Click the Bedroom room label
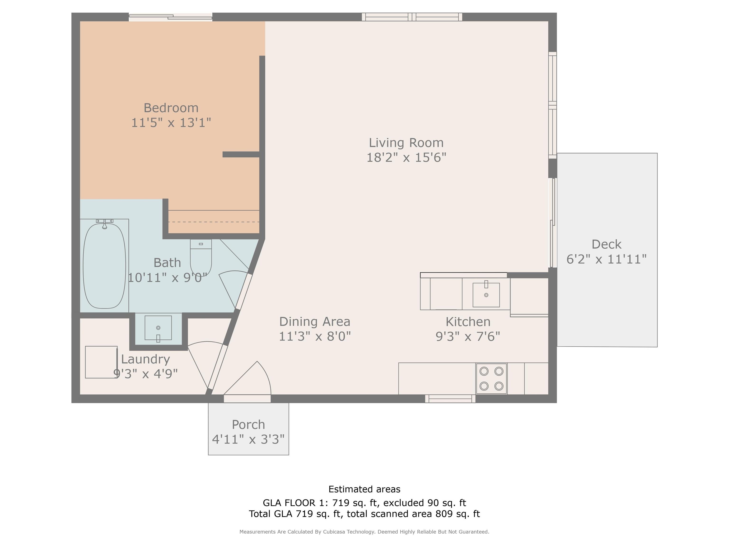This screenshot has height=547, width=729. coord(171,108)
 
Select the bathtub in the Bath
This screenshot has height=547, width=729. coord(104,266)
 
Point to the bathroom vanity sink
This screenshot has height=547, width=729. coord(158,328)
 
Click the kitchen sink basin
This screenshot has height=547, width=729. coord(486,295)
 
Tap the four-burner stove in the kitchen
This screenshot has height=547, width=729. coord(491,378)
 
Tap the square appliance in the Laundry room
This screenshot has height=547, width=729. coord(101,362)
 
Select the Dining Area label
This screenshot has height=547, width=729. coord(315,321)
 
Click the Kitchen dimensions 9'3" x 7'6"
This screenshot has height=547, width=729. coord(468,336)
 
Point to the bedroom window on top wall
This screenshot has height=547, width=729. coord(170,17)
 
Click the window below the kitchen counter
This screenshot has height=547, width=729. coord(450,399)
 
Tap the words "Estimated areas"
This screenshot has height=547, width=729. coord(364,489)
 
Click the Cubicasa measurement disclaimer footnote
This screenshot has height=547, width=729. coord(364,532)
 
